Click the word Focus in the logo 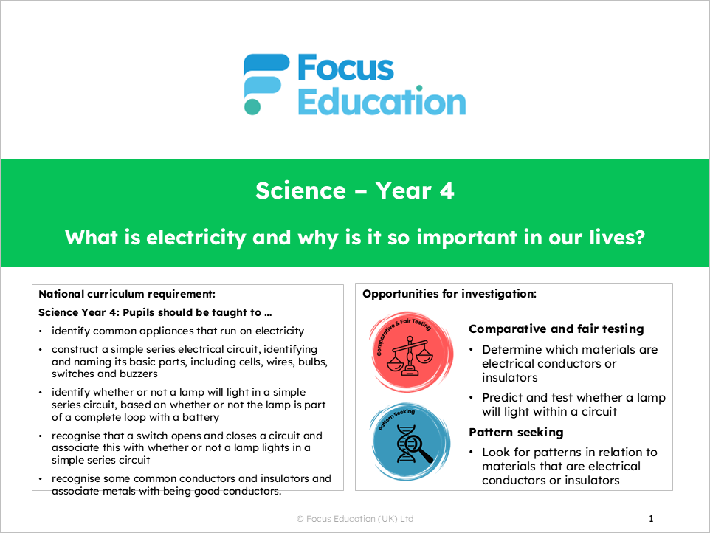(345, 69)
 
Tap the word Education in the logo (382, 102)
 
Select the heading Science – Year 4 (355, 191)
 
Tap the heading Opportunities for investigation (449, 294)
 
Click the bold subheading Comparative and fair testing (556, 329)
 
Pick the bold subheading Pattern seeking (516, 432)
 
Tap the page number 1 (651, 519)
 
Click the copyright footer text (354, 520)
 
